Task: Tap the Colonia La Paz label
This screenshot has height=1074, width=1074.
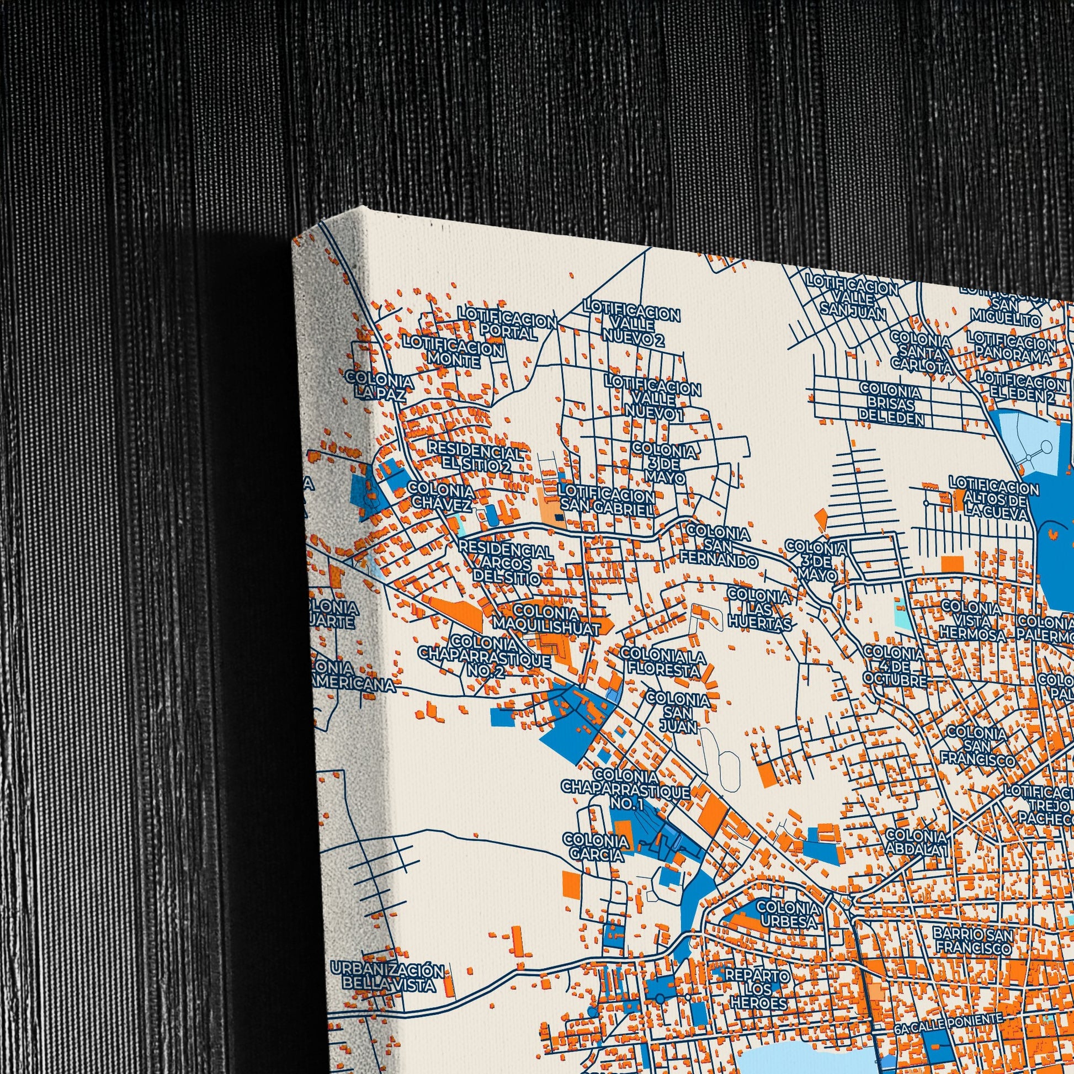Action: coord(379,386)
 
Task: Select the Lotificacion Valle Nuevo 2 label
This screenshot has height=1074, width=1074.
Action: coord(631,323)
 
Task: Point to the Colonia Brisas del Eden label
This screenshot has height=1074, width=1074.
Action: coord(891,403)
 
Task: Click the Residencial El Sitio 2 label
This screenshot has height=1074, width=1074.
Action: coord(475,458)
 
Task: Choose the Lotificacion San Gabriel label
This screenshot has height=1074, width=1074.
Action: coord(607,501)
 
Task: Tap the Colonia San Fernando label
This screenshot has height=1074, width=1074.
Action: coord(719,547)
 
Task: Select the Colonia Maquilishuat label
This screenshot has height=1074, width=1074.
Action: coord(547,620)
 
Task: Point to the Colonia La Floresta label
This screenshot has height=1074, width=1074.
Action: coord(663,663)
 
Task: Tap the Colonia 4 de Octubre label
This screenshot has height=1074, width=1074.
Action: coord(895,666)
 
